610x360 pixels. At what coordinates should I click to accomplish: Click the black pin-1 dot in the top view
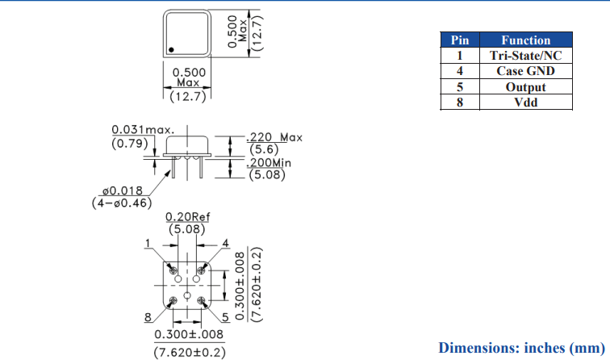[171, 50]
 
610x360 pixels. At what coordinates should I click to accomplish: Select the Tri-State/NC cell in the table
[526, 55]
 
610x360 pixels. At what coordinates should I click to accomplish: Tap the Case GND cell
[526, 71]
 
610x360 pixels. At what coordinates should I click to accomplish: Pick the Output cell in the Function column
[526, 87]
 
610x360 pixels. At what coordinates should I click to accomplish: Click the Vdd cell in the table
[526, 103]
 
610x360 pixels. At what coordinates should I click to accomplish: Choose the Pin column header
[460, 40]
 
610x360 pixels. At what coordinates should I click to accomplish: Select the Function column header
[526, 40]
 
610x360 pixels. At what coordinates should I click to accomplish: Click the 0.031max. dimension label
[143, 129]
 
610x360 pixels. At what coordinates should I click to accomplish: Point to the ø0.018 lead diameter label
[123, 190]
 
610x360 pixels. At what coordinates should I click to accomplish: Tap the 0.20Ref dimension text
[187, 217]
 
